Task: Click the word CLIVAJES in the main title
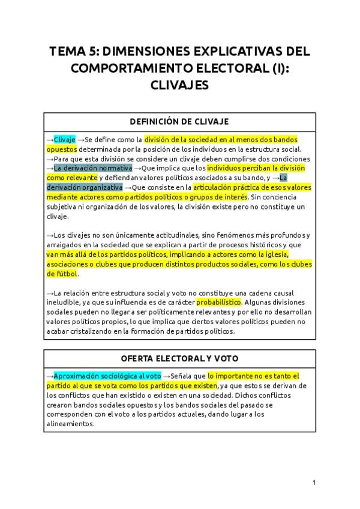click(x=179, y=85)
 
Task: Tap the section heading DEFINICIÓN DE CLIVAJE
click(x=179, y=122)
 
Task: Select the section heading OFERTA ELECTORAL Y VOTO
click(x=179, y=358)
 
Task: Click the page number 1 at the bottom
click(x=314, y=483)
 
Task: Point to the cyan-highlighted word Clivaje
click(x=65, y=139)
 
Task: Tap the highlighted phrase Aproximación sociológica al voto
click(x=107, y=376)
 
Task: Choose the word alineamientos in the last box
click(x=70, y=424)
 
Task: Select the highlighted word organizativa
click(x=97, y=187)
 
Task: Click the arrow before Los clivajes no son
click(x=49, y=235)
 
